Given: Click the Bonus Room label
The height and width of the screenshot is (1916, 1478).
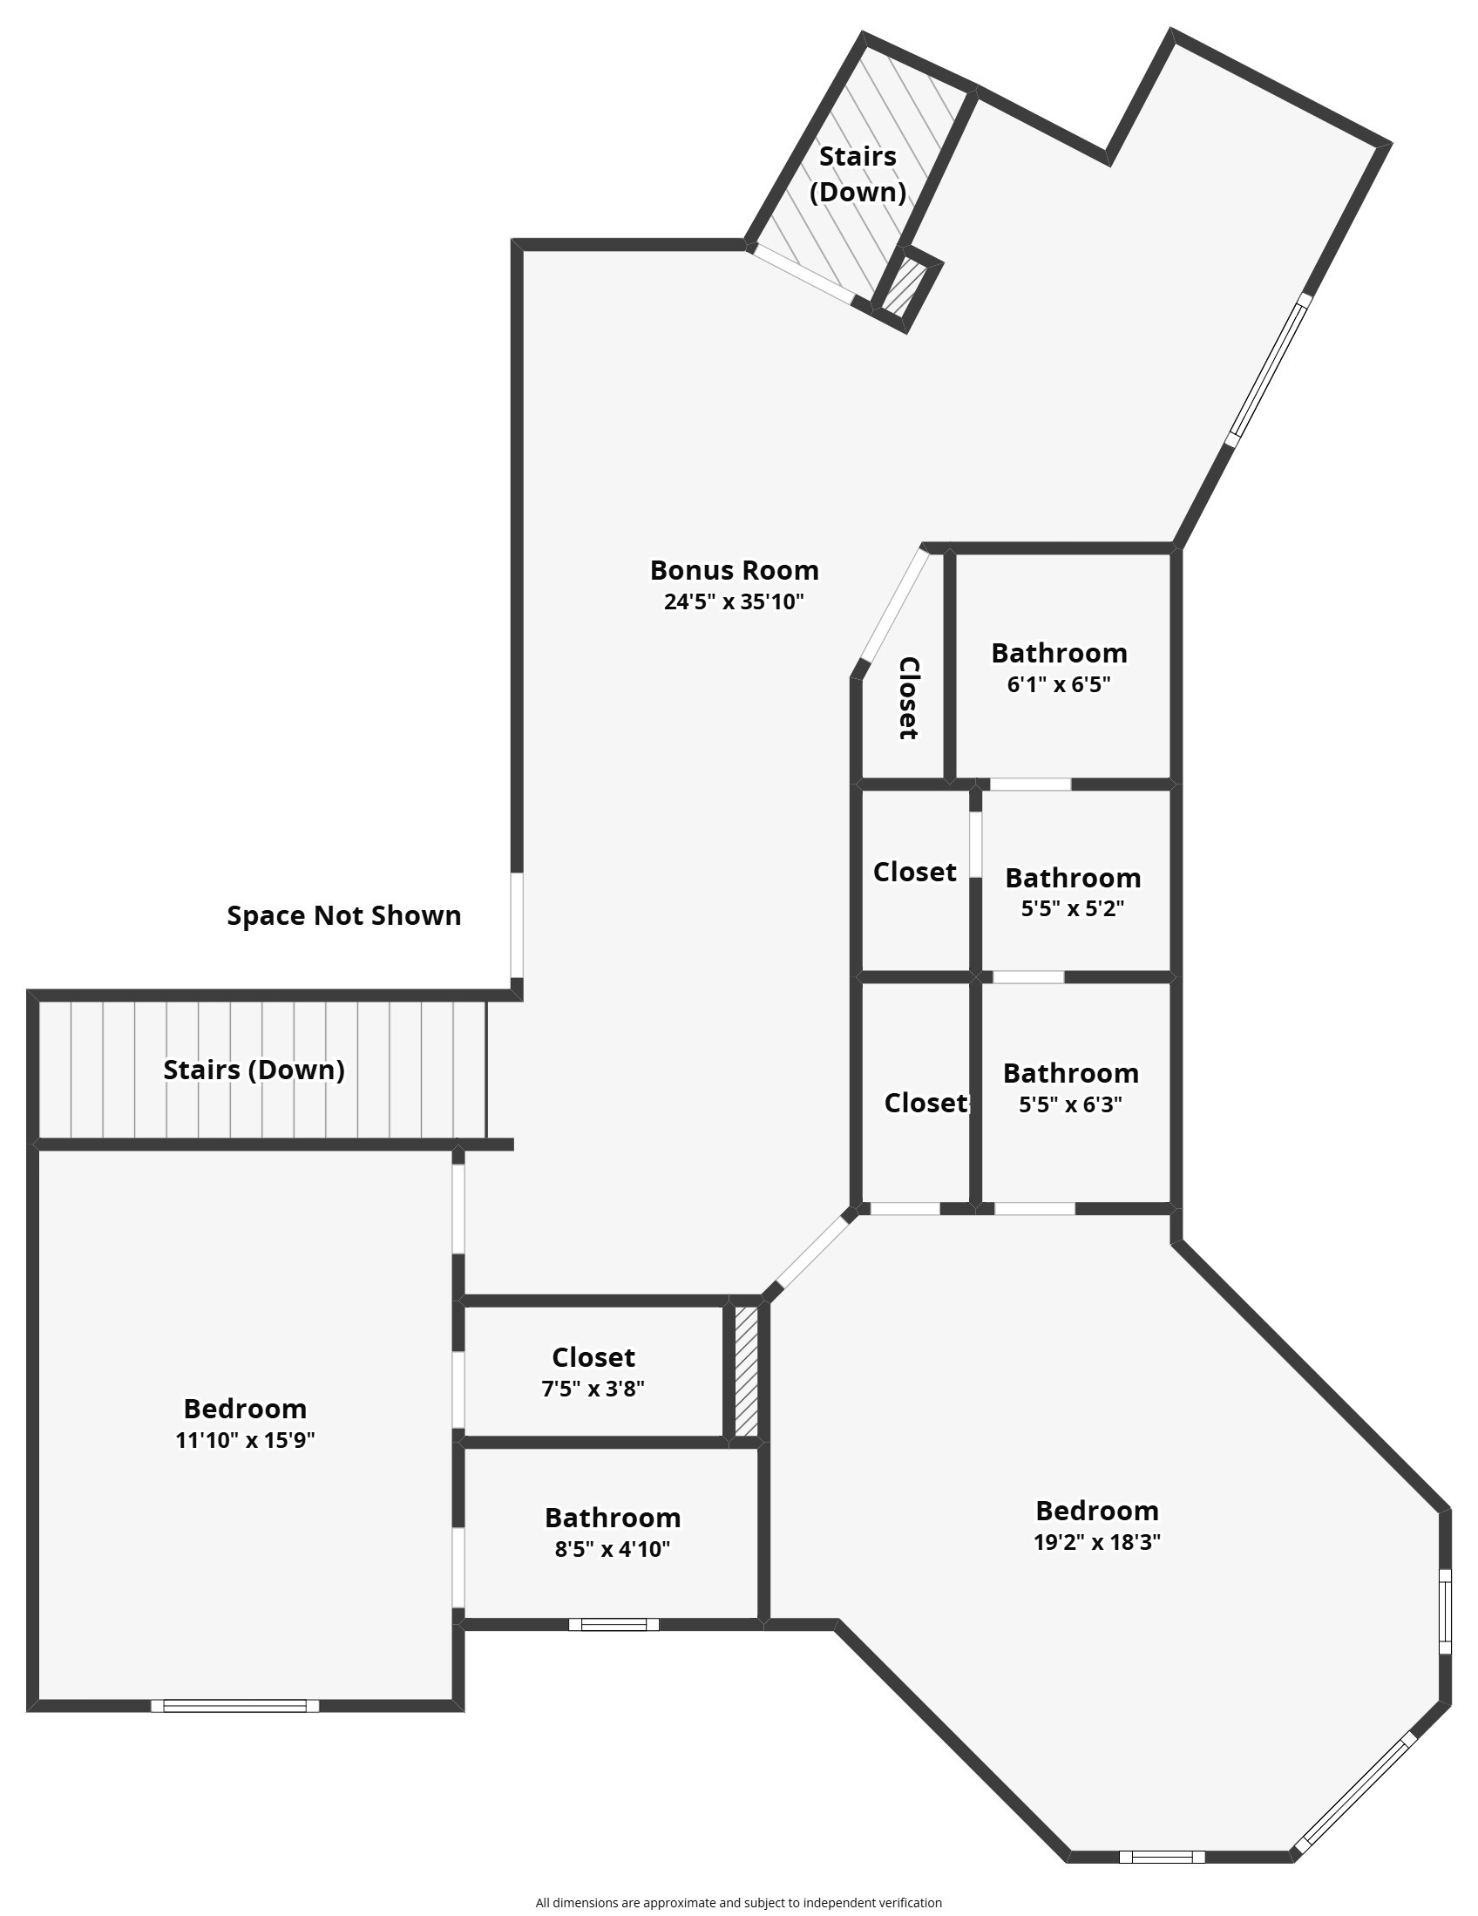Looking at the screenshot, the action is point(734,570).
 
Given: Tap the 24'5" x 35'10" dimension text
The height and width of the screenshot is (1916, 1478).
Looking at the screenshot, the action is point(734,601).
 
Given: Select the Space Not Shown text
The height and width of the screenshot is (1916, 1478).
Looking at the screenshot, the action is point(344,915).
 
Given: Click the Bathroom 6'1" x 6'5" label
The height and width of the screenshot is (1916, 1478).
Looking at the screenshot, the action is point(1059,668).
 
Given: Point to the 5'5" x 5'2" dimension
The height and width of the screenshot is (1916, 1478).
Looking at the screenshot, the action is point(1073,908).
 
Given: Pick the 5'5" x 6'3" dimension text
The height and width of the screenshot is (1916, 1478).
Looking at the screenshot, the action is point(1071,1104).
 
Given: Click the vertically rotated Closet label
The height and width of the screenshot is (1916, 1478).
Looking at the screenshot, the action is point(909,698).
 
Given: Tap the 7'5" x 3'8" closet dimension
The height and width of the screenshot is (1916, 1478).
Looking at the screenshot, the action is point(593,1389).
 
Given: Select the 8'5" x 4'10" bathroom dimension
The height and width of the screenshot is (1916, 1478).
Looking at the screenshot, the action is point(613,1548).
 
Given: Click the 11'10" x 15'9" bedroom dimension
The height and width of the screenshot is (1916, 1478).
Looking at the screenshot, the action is point(246,1440).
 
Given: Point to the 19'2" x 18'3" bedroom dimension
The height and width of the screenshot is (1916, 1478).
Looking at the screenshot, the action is point(1097,1541).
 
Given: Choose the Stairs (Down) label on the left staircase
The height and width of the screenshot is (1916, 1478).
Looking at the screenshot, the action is point(254,1070).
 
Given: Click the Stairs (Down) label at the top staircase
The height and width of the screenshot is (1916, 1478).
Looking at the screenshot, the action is point(858,173).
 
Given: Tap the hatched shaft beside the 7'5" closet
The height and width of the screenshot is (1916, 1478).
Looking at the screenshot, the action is point(746,1371).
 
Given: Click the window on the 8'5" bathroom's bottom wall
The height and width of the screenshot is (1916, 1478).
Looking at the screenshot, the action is point(614,1624).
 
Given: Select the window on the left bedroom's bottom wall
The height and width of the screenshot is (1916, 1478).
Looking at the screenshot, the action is point(235,1705).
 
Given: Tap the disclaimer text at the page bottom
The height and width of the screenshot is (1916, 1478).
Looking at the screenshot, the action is point(738,1902).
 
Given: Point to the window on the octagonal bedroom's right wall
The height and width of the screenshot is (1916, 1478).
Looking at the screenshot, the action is point(1445,1612).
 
